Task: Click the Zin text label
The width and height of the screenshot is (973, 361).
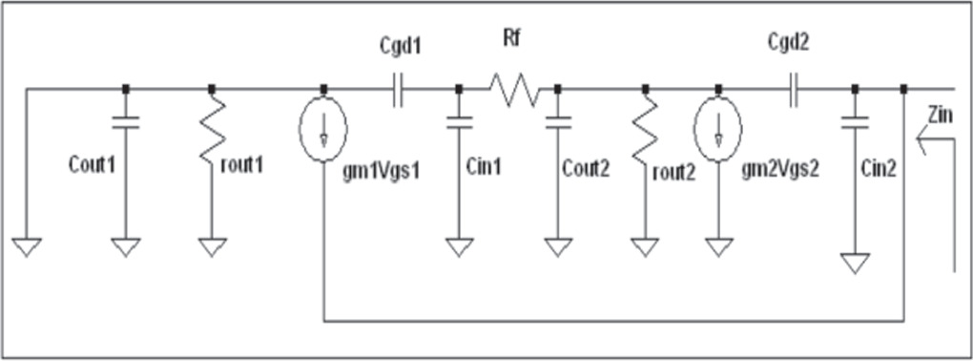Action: pos(939,116)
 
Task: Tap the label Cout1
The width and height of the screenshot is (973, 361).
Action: pos(92,164)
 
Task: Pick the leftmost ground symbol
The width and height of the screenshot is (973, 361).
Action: pos(28,246)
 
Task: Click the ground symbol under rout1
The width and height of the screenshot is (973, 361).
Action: pos(212,246)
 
